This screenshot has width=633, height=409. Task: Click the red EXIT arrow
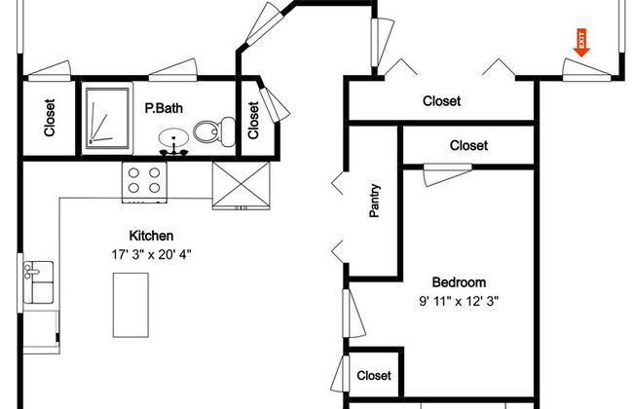pos(581,43)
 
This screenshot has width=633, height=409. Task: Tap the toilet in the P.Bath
pos(215,131)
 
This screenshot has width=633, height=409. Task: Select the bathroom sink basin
pos(173,137)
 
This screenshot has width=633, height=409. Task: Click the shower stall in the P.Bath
pos(107,118)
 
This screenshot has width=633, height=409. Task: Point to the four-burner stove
pos(144,182)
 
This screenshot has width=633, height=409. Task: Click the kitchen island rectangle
pos(130,305)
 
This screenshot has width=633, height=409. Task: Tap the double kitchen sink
pos(38,282)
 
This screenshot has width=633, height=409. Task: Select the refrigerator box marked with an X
pos(241,186)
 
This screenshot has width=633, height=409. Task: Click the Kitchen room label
pos(151,236)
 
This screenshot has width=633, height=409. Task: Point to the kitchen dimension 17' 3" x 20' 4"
pos(151,254)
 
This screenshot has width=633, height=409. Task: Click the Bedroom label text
pos(459,282)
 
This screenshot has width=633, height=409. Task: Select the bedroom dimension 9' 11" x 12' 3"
pos(459,301)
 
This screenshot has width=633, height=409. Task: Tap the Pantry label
pos(375,201)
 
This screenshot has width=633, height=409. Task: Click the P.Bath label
pos(164,108)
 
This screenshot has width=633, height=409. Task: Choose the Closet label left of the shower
pos(50,118)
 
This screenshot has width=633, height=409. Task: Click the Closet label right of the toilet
pos(253,121)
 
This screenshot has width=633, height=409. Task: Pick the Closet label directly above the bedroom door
pos(468,145)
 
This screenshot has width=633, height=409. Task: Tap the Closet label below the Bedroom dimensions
pos(374,376)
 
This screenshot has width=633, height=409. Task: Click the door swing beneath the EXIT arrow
pos(586,69)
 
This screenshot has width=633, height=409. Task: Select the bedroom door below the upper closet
pos(447,175)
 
